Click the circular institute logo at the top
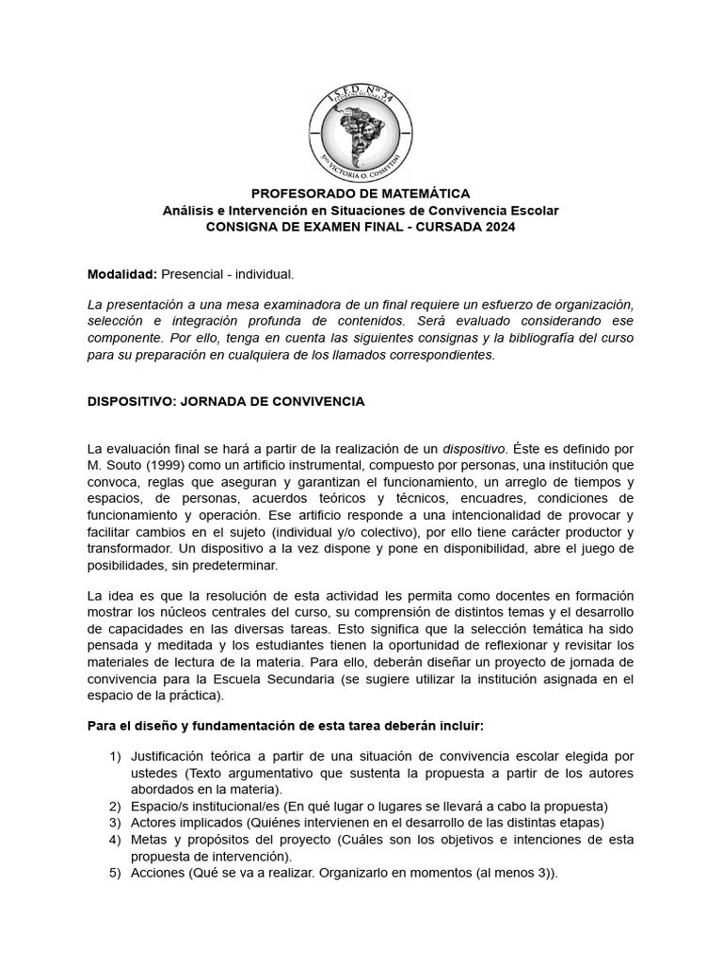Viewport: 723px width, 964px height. [361, 130]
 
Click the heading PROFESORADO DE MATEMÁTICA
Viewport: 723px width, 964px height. [361, 193]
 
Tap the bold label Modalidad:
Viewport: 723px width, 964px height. [122, 274]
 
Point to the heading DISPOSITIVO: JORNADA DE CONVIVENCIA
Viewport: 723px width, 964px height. [225, 401]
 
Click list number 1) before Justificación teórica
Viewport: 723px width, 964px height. [116, 757]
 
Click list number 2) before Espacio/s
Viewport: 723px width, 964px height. [116, 806]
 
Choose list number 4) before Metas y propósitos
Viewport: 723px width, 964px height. [116, 839]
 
